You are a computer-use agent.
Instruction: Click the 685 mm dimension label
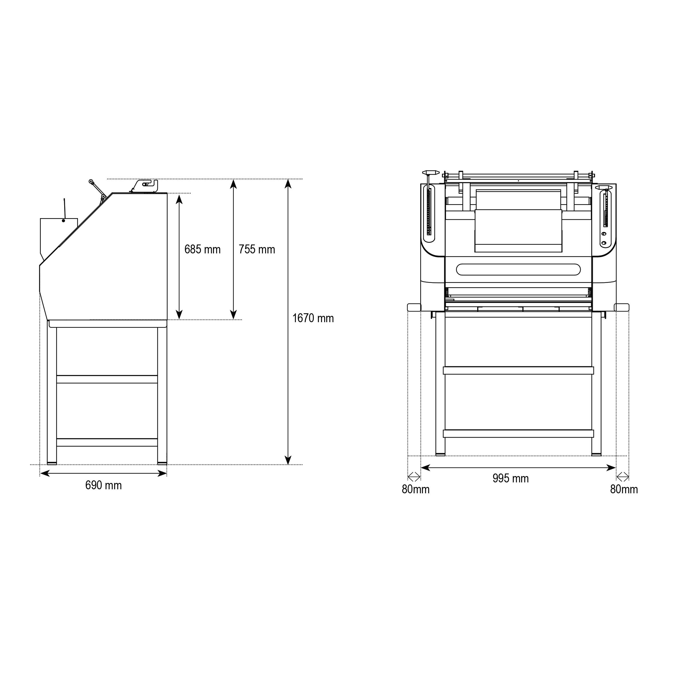tap(203, 249)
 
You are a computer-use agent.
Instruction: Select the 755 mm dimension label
tap(257, 249)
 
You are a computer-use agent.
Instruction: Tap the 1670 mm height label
tap(313, 318)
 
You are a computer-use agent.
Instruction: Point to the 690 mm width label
tap(104, 485)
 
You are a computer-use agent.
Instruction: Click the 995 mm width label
tap(510, 478)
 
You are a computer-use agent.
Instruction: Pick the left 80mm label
tap(416, 489)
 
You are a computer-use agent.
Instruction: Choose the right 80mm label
tap(624, 489)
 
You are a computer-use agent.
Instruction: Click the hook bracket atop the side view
tap(145, 186)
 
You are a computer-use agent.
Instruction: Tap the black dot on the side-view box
tap(63, 220)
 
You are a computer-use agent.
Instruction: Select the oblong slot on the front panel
tap(518, 269)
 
